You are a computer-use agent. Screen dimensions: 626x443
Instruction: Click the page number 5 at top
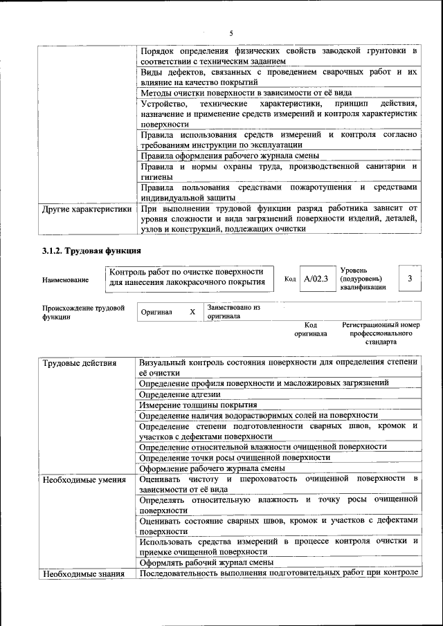pyautogui.click(x=232, y=34)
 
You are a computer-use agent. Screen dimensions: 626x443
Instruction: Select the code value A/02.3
pyautogui.click(x=316, y=279)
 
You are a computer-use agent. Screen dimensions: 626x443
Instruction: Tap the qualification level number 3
pyautogui.click(x=410, y=279)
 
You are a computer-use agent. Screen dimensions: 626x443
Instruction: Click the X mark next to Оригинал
pyautogui.click(x=192, y=312)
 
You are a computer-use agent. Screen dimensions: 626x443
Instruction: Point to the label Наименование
pyautogui.click(x=65, y=279)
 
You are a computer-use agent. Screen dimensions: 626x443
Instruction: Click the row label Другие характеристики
pyautogui.click(x=86, y=208)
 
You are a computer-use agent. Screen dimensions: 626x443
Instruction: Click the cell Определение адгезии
pyautogui.click(x=180, y=394)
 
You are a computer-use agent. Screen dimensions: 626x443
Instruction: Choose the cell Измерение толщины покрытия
pyautogui.click(x=198, y=405)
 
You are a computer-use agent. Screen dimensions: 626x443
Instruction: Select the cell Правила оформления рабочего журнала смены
pyautogui.click(x=229, y=156)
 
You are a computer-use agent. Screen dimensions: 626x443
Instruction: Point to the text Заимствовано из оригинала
pyautogui.click(x=234, y=311)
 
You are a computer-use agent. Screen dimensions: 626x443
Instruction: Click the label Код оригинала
pyautogui.click(x=311, y=329)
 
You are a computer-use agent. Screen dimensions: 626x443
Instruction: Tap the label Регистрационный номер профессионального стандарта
pyautogui.click(x=381, y=333)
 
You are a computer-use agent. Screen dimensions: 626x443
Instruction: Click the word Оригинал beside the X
pyautogui.click(x=156, y=312)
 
